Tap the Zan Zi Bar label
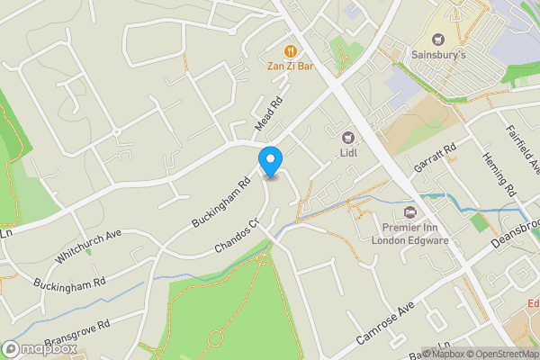[290, 65]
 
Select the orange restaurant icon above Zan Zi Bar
[290, 49]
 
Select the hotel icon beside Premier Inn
[410, 212]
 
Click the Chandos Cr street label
[237, 235]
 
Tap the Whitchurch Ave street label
[87, 244]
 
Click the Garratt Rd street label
[436, 158]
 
